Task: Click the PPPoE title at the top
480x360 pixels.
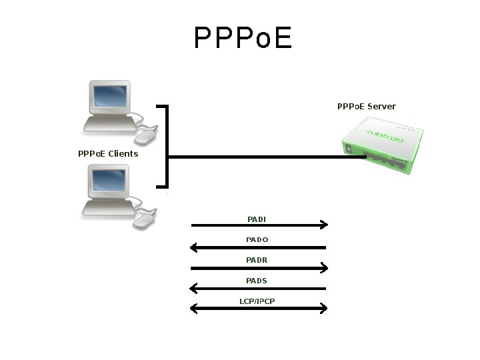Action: (x=243, y=39)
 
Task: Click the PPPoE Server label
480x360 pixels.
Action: (x=366, y=107)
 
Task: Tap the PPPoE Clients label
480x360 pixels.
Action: (x=108, y=154)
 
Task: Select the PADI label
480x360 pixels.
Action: (x=257, y=219)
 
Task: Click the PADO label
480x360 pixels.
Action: (x=257, y=239)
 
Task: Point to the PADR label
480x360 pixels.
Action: (x=257, y=260)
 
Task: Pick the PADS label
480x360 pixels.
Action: (x=257, y=281)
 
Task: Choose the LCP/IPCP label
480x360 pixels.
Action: (x=257, y=301)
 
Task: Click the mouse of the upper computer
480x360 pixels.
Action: (x=146, y=137)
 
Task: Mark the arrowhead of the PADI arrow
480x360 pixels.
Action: (x=324, y=225)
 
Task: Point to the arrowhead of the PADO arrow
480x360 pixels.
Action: (x=194, y=248)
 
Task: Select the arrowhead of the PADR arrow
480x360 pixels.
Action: (x=324, y=268)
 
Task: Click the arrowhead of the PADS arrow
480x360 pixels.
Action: (x=194, y=289)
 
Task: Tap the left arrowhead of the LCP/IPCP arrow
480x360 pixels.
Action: (x=194, y=309)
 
